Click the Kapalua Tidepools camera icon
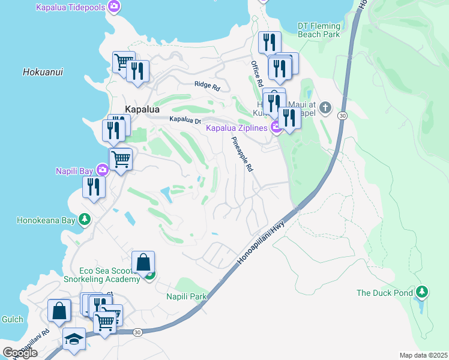point(114,7)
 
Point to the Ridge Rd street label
point(207,86)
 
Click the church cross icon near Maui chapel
point(325,108)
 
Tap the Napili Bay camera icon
point(103,171)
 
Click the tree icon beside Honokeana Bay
point(85,220)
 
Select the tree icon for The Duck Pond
point(422,292)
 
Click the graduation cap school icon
point(74,338)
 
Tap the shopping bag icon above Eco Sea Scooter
point(143,262)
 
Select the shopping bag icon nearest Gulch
point(58,311)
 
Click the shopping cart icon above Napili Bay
point(121,159)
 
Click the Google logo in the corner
point(20,353)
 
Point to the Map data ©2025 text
point(423,355)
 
